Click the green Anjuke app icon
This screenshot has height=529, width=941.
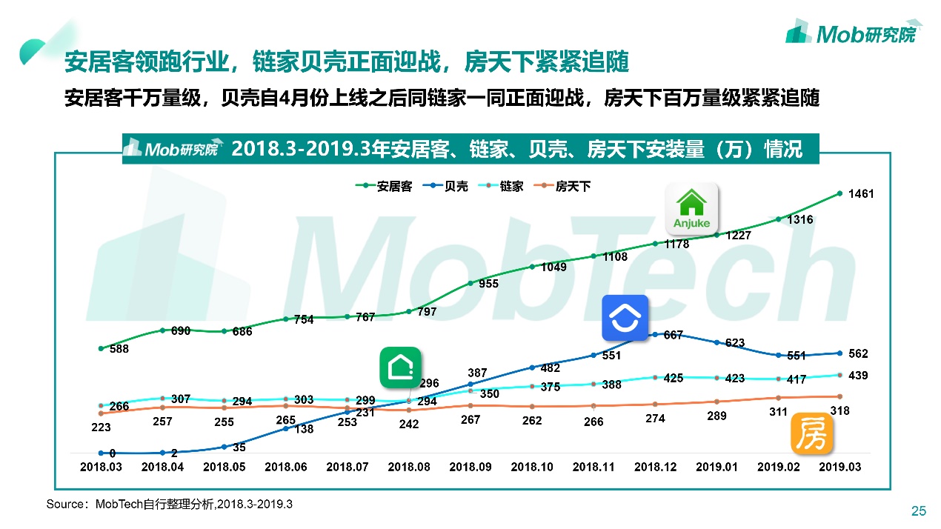(692, 207)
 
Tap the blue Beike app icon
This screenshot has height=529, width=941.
(625, 318)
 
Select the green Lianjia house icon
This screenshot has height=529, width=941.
(400, 367)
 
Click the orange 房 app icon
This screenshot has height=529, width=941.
(812, 433)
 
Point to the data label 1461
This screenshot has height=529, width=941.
(862, 194)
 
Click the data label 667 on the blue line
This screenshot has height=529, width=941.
(673, 335)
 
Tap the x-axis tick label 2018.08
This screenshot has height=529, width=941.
(409, 468)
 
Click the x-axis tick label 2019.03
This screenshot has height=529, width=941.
(839, 468)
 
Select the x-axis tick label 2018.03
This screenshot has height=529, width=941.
(101, 468)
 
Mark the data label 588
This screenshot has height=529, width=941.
(119, 349)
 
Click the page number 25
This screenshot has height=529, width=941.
(918, 510)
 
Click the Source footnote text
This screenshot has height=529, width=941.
(169, 505)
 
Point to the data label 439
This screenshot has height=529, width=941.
(858, 376)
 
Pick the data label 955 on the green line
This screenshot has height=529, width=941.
(488, 284)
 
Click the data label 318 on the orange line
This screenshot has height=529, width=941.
(839, 410)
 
